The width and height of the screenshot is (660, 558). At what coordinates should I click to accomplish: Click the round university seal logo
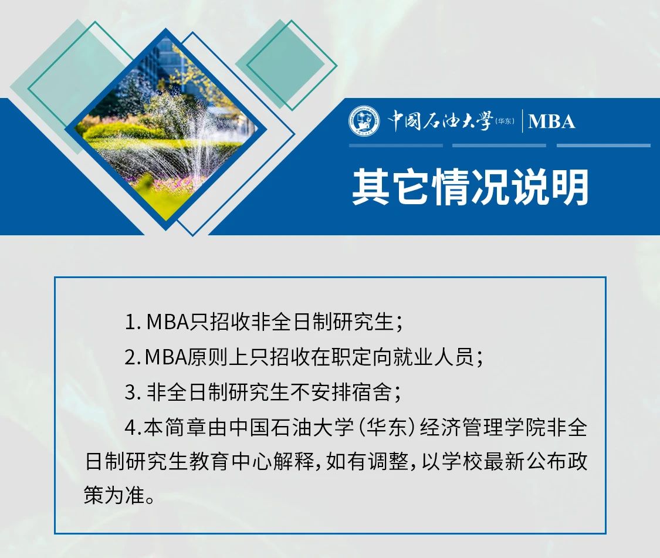364,121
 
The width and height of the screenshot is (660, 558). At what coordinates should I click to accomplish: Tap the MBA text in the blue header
551,121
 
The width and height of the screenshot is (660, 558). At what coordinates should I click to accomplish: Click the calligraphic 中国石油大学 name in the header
440,121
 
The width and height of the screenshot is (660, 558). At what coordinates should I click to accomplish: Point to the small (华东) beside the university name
505,121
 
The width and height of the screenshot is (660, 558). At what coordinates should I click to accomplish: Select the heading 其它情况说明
470,187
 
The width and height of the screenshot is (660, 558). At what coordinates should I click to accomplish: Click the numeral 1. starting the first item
133,322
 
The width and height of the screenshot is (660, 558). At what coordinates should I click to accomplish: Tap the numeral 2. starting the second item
133,357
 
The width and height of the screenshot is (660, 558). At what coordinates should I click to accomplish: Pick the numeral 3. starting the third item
133,392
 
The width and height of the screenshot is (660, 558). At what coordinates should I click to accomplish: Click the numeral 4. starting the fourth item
133,428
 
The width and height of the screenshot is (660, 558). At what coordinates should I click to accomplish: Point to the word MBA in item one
168,322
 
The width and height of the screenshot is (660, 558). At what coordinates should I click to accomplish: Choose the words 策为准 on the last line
114,495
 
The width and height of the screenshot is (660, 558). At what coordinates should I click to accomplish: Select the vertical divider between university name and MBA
522,121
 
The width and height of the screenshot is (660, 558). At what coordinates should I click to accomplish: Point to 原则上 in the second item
218,357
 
